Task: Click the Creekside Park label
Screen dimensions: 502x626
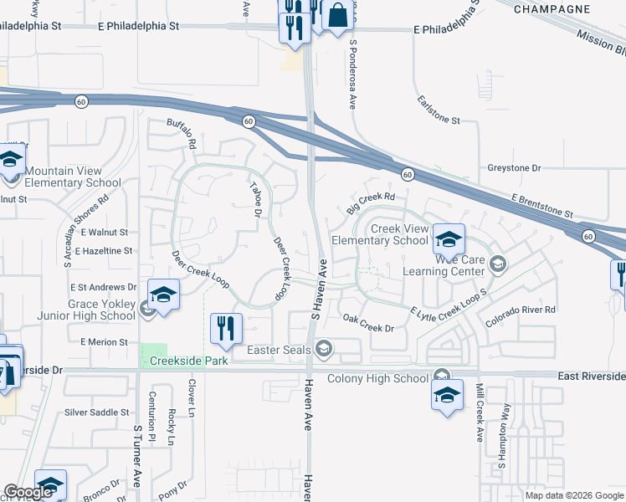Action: (187, 361)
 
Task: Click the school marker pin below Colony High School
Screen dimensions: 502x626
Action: (448, 394)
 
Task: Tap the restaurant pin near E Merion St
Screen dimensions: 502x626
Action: (225, 329)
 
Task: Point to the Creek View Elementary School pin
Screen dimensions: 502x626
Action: (449, 239)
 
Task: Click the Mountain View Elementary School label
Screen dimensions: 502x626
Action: (74, 177)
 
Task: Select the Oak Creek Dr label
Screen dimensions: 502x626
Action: (368, 322)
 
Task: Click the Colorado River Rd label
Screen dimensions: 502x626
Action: (522, 310)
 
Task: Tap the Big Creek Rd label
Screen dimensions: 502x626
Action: (371, 202)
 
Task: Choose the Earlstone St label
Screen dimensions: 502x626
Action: (439, 110)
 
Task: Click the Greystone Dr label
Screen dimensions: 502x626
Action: (514, 168)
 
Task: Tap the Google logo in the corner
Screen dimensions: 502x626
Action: (28, 493)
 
